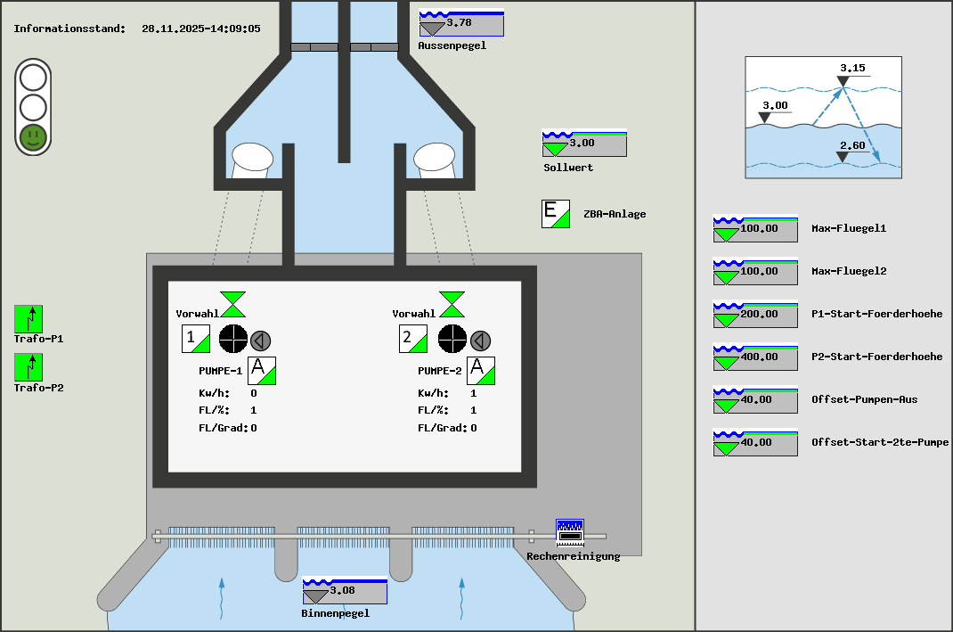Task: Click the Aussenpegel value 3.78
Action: [461, 23]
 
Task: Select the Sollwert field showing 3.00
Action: [584, 144]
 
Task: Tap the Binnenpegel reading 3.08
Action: [345, 591]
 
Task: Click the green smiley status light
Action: [33, 136]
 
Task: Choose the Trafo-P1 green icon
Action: [29, 319]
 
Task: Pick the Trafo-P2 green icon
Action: [29, 367]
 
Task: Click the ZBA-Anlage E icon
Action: [556, 214]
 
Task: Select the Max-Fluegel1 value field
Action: [755, 229]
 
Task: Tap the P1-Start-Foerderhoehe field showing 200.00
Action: [755, 315]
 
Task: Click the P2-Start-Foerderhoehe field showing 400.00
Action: [755, 357]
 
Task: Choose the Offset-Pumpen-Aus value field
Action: [755, 400]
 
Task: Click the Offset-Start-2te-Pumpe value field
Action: [755, 443]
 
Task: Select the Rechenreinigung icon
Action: [569, 533]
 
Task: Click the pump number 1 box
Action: [196, 340]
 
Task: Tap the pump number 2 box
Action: [413, 340]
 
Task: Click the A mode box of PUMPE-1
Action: [262, 370]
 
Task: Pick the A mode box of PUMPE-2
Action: [481, 370]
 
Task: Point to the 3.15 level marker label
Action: [852, 68]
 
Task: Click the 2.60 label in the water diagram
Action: [852, 145]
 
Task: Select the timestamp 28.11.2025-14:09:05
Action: [201, 29]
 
